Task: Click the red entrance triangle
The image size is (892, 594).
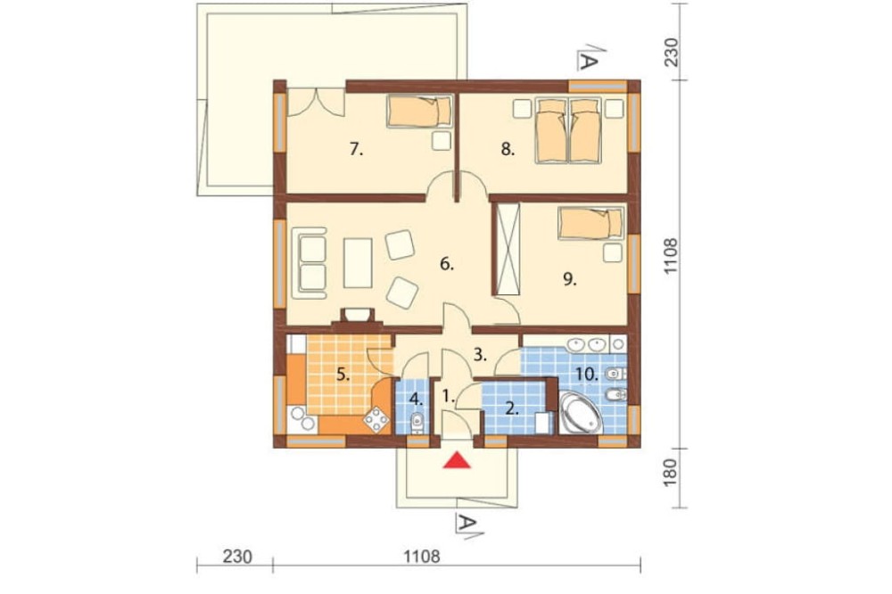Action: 458,460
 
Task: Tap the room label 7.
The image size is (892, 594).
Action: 357,150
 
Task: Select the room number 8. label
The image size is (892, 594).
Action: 508,150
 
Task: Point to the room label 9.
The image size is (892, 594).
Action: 569,279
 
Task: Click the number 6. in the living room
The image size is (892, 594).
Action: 447,264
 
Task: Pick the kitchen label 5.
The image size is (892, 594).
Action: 343,375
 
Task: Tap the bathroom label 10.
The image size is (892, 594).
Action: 587,374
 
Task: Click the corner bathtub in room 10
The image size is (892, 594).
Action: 581,412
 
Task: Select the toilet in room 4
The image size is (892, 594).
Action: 417,424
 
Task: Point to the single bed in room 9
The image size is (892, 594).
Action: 591,222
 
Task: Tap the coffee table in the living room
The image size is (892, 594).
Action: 358,263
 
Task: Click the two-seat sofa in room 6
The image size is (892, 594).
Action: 310,262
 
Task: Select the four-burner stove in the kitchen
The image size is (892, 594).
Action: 376,421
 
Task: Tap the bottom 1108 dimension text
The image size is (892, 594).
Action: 422,556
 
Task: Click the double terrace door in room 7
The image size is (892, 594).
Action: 316,103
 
